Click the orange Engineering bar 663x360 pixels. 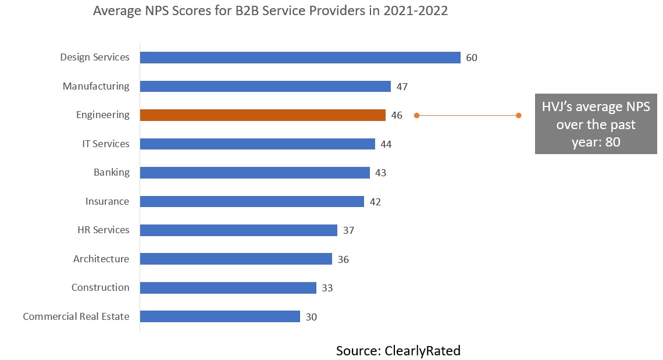(262, 115)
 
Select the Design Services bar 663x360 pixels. (300, 58)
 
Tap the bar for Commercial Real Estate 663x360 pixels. (220, 316)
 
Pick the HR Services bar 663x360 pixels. (238, 230)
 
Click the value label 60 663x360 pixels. (472, 58)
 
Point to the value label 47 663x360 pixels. (402, 87)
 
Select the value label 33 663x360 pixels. (327, 288)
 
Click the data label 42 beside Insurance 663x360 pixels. (375, 202)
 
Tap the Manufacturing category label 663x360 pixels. (96, 86)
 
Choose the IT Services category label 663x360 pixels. (105, 144)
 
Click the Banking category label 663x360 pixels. (112, 172)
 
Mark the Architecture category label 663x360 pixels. (101, 259)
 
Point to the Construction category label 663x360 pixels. (100, 287)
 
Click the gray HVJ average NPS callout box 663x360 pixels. (596, 124)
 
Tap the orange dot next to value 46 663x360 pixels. (416, 116)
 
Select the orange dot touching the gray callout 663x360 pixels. (519, 116)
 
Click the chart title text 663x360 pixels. (270, 11)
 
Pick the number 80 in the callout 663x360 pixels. (612, 142)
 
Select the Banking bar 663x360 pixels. (255, 173)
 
